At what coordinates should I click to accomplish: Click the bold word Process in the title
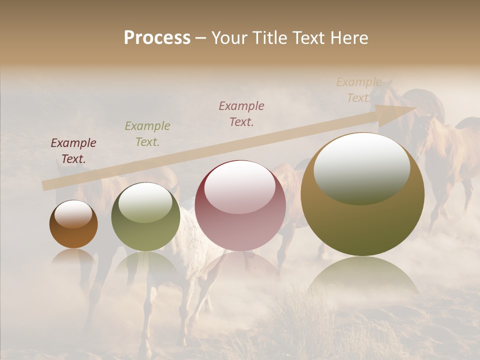point(157,38)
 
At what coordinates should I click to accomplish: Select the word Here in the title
point(350,38)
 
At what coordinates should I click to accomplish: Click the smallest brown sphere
point(73,225)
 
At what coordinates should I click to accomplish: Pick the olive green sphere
point(145,218)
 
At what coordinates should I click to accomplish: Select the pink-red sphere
point(240,206)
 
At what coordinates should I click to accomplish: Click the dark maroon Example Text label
point(73,151)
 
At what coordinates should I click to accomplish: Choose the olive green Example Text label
point(147,134)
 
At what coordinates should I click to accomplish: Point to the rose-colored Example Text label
point(241,113)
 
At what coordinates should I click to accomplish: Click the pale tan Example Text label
point(359,90)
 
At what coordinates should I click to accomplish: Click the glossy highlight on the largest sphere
point(361,168)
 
